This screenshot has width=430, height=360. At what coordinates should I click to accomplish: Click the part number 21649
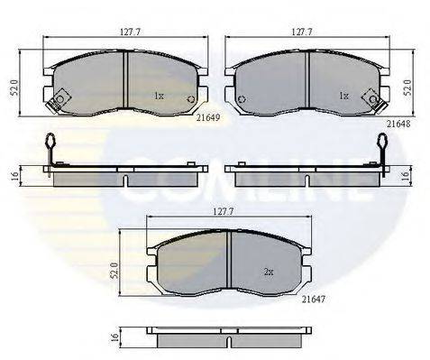pyautogui.click(x=208, y=117)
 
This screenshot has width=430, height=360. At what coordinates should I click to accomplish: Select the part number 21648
pyautogui.click(x=398, y=124)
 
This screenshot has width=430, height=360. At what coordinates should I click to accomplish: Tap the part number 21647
pyautogui.click(x=314, y=299)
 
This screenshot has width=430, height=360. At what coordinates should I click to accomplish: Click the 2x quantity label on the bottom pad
pyautogui.click(x=269, y=272)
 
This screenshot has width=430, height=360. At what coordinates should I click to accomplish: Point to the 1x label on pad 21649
pyautogui.click(x=159, y=97)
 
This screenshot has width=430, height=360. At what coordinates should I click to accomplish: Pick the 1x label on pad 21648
pyautogui.click(x=343, y=97)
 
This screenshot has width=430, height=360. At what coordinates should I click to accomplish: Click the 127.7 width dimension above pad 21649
pyautogui.click(x=130, y=32)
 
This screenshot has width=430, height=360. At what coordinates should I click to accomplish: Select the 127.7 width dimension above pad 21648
pyautogui.click(x=302, y=32)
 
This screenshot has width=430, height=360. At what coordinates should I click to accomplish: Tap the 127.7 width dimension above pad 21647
pyautogui.click(x=224, y=212)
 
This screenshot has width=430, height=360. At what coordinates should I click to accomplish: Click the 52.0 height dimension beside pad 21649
pyautogui.click(x=14, y=88)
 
